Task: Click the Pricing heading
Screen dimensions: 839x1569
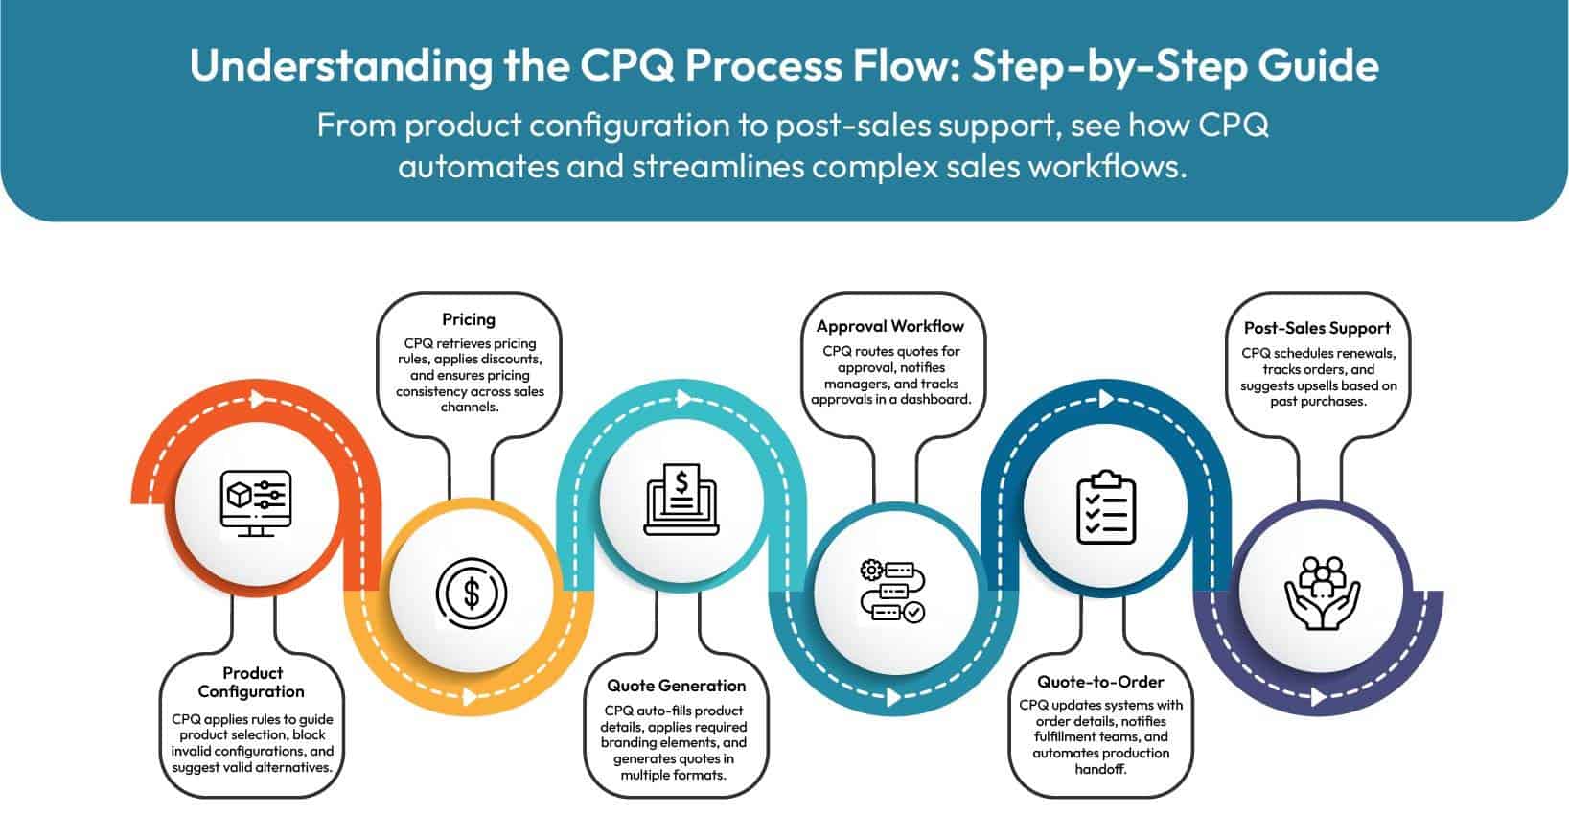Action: [468, 319]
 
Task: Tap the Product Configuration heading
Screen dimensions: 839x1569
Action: [251, 682]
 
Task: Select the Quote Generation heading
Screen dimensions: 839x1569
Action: [676, 686]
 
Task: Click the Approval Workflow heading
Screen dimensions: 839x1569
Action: [889, 326]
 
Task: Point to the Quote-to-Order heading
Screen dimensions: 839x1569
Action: [1100, 682]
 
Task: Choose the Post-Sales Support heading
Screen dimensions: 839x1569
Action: [1316, 328]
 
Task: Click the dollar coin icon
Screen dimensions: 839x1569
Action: [471, 593]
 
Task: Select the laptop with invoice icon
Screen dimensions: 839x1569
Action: [681, 500]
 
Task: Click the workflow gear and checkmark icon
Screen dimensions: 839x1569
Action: [891, 591]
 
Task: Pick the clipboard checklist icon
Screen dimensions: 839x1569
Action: [1106, 507]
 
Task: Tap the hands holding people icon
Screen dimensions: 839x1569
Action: [1322, 593]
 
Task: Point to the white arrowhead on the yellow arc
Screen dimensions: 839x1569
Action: [470, 695]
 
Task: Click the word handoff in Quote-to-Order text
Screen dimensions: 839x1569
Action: [1100, 769]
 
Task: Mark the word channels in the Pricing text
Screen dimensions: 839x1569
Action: [470, 407]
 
